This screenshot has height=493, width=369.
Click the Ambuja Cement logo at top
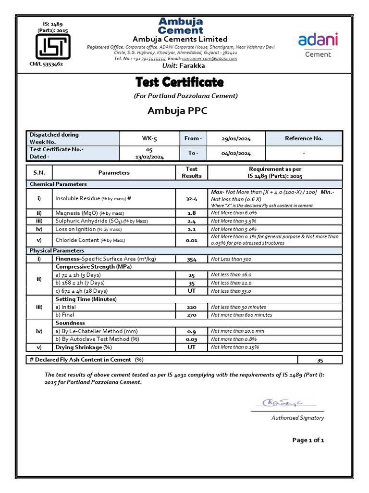coord(181,26)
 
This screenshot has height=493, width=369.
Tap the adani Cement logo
coord(318,44)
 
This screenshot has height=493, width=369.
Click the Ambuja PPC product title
coord(177,111)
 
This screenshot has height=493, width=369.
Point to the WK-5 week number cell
coord(149,138)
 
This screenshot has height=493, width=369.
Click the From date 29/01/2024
coord(236,138)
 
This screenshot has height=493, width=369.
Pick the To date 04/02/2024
coord(236,153)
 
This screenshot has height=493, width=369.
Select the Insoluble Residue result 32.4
coord(191,198)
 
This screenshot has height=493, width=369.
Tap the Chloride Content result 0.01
coord(191,240)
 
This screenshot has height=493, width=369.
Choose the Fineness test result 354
coord(191,259)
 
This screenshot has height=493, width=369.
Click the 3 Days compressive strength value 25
coord(191,275)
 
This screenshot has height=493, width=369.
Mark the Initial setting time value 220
coord(191,307)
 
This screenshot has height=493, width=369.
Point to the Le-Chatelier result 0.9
coord(191,331)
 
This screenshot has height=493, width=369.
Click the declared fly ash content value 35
coord(320,360)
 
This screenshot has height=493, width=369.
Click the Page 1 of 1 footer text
coord(308,440)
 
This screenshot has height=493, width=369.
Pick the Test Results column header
coord(191,172)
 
